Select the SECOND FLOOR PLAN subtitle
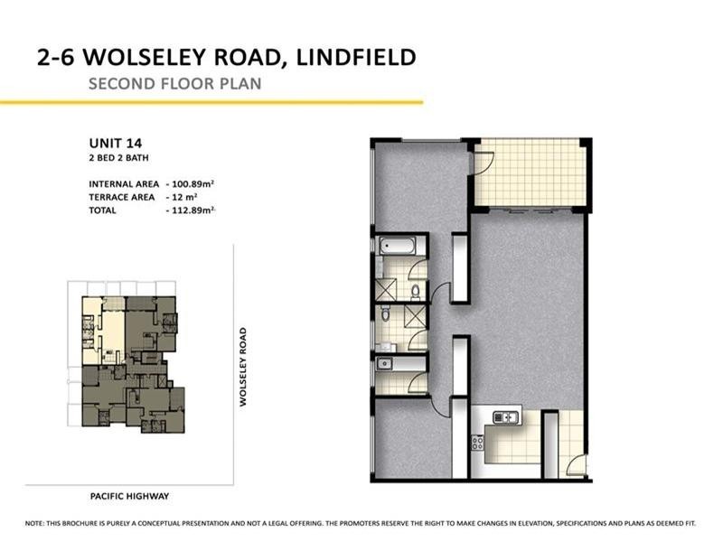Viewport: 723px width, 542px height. point(174,85)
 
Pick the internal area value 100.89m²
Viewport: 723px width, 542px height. point(195,184)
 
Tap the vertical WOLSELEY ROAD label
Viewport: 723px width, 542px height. point(243,366)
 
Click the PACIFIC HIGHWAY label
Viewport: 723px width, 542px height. point(130,496)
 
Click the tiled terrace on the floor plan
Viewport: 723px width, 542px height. point(531,173)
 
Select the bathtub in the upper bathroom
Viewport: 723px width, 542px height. point(398,244)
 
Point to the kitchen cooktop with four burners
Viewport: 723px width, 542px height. point(477,442)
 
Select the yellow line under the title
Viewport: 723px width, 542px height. point(211,102)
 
